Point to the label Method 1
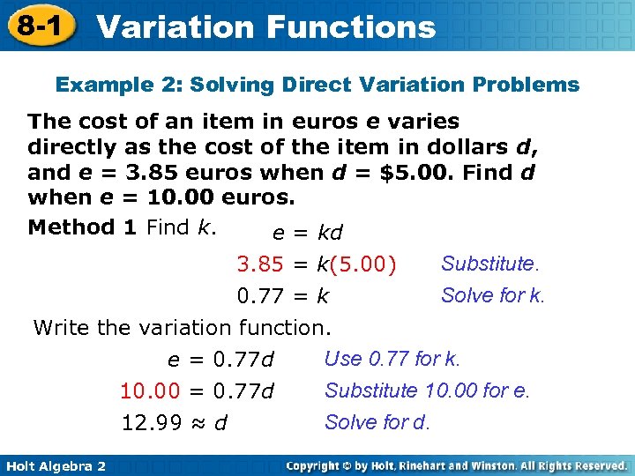pos(82,227)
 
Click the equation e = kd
pos(307,234)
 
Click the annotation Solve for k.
pos(493,295)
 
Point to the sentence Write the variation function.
pos(182,328)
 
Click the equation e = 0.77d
pos(221,360)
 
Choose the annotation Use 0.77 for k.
pos(392,359)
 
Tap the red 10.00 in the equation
pos(150,390)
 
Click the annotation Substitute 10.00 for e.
pos(427,390)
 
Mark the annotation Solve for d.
pos(377,422)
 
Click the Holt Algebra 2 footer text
pos(55,465)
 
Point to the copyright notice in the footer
pos(457,465)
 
